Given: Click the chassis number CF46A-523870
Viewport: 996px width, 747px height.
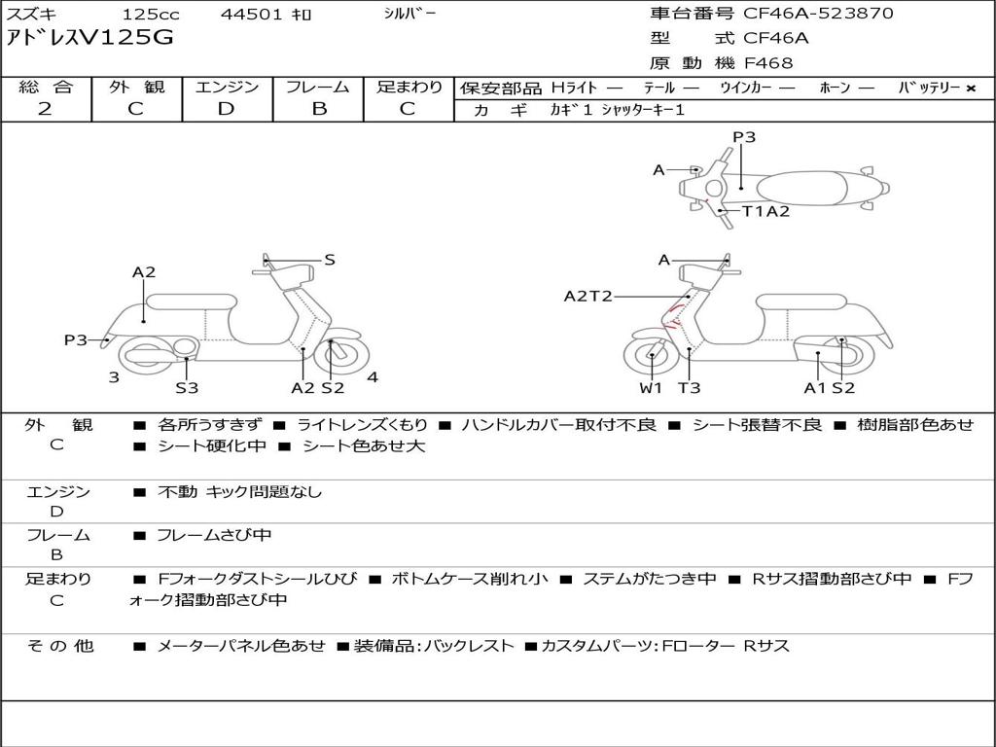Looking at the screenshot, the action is pos(818,14).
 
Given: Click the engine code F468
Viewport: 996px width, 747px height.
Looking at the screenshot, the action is pos(768,63).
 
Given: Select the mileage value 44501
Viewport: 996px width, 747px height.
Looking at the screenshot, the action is pos(252,15).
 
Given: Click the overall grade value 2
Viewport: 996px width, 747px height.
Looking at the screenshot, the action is pos(45,108).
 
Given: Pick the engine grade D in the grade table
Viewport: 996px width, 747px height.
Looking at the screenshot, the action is pos(226,108).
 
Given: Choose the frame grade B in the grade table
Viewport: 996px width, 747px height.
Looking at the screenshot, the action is pos(318,108).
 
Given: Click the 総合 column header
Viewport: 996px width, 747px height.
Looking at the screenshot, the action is pos(46,87).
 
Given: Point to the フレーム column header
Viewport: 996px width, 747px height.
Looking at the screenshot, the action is pos(318,87).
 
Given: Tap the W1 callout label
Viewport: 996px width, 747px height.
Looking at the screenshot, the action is pos(651,388).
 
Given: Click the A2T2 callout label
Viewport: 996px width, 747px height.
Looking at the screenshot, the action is pos(587,296).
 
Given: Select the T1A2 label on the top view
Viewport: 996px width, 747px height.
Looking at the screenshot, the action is pos(765,211).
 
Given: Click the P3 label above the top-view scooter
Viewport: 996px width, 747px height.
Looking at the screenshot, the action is pos(744,137).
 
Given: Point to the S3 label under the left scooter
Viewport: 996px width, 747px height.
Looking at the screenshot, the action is pos(187,388).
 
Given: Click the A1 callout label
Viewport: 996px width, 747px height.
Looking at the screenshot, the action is pos(815,388).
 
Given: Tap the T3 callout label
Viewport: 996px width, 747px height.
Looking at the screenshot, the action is pos(689,388).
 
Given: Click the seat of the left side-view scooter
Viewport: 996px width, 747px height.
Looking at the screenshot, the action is pos(192,301).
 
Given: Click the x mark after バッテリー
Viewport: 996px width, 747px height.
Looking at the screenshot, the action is pos(970,88).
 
